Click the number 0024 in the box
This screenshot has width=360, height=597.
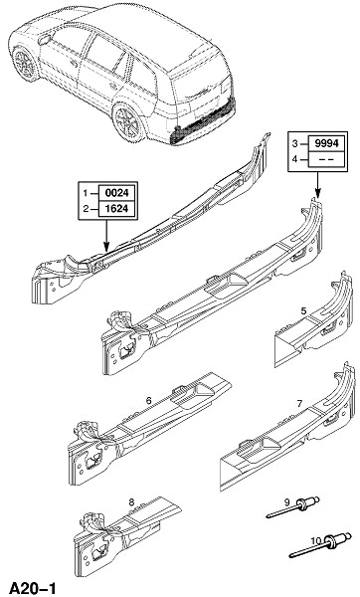pyautogui.click(x=116, y=193)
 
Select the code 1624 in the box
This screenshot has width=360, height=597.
pyautogui.click(x=116, y=209)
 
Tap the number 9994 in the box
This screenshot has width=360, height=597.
pyautogui.click(x=326, y=143)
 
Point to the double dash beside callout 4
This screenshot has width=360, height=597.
pyautogui.click(x=326, y=159)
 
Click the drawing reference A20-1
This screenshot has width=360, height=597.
pyautogui.click(x=33, y=588)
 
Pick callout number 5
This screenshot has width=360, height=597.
pyautogui.click(x=303, y=311)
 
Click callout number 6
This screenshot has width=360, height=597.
pyautogui.click(x=148, y=401)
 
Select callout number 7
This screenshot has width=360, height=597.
pyautogui.click(x=300, y=404)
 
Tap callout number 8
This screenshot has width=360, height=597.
pyautogui.click(x=131, y=502)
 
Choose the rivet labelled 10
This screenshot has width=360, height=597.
pyautogui.click(x=319, y=544)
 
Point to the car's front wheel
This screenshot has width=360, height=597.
pyautogui.click(x=25, y=64)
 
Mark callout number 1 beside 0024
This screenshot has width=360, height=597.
pyautogui.click(x=86, y=193)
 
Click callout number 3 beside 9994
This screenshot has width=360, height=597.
pyautogui.click(x=294, y=144)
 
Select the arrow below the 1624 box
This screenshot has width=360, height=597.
pyautogui.click(x=106, y=235)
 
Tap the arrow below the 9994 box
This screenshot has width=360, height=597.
pyautogui.click(x=317, y=185)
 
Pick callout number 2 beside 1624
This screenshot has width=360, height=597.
pyautogui.click(x=86, y=209)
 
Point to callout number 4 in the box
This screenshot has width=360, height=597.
pyautogui.click(x=294, y=159)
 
